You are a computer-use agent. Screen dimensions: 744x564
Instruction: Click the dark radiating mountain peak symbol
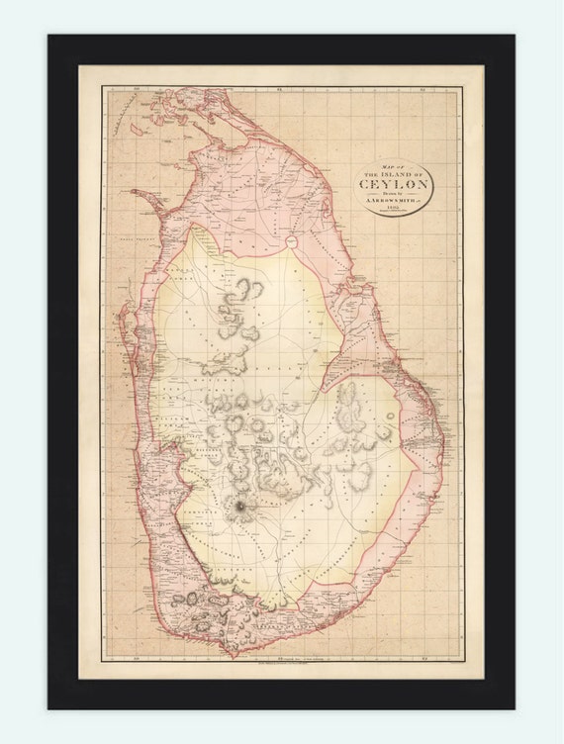[239, 508]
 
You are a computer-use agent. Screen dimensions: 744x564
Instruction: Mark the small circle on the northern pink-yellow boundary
[292, 242]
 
